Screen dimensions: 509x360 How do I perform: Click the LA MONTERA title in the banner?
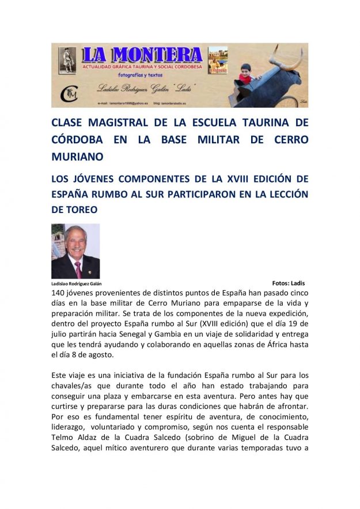point(142,55)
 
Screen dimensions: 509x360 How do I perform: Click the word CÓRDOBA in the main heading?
point(75,139)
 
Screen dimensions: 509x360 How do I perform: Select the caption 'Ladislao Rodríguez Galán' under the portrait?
point(76,284)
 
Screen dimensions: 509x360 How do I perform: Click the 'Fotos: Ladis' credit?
point(288,283)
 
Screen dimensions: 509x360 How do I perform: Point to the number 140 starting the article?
point(60,293)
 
